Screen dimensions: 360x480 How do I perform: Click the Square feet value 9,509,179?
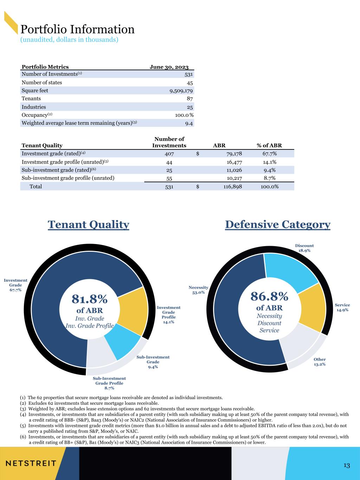(181, 91)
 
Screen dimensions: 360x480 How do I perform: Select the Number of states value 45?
(190, 83)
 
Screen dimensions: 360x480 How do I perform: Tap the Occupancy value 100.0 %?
(184, 115)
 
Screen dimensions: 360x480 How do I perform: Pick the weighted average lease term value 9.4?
(189, 123)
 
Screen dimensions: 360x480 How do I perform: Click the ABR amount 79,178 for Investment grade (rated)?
(234, 154)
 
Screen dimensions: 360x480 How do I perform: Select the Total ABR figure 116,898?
(233, 186)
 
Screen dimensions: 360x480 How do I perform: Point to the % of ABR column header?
(269, 146)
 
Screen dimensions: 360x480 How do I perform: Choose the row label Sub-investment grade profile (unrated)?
(68, 178)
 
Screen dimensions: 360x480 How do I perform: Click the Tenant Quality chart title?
(89, 225)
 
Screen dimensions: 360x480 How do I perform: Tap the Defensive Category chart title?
(278, 225)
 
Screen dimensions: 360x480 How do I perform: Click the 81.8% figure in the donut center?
(90, 299)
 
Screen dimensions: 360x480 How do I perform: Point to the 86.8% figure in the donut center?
(269, 296)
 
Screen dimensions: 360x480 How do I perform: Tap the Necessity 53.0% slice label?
(198, 290)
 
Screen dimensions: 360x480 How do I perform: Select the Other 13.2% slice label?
(320, 362)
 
